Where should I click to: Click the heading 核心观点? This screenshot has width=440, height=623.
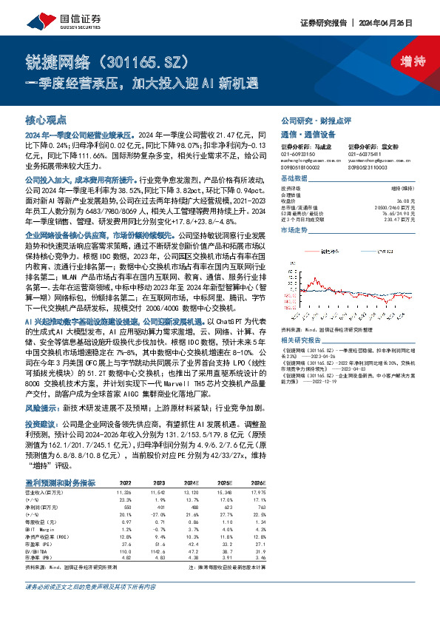46,119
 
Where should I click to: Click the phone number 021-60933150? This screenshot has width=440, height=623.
296,152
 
